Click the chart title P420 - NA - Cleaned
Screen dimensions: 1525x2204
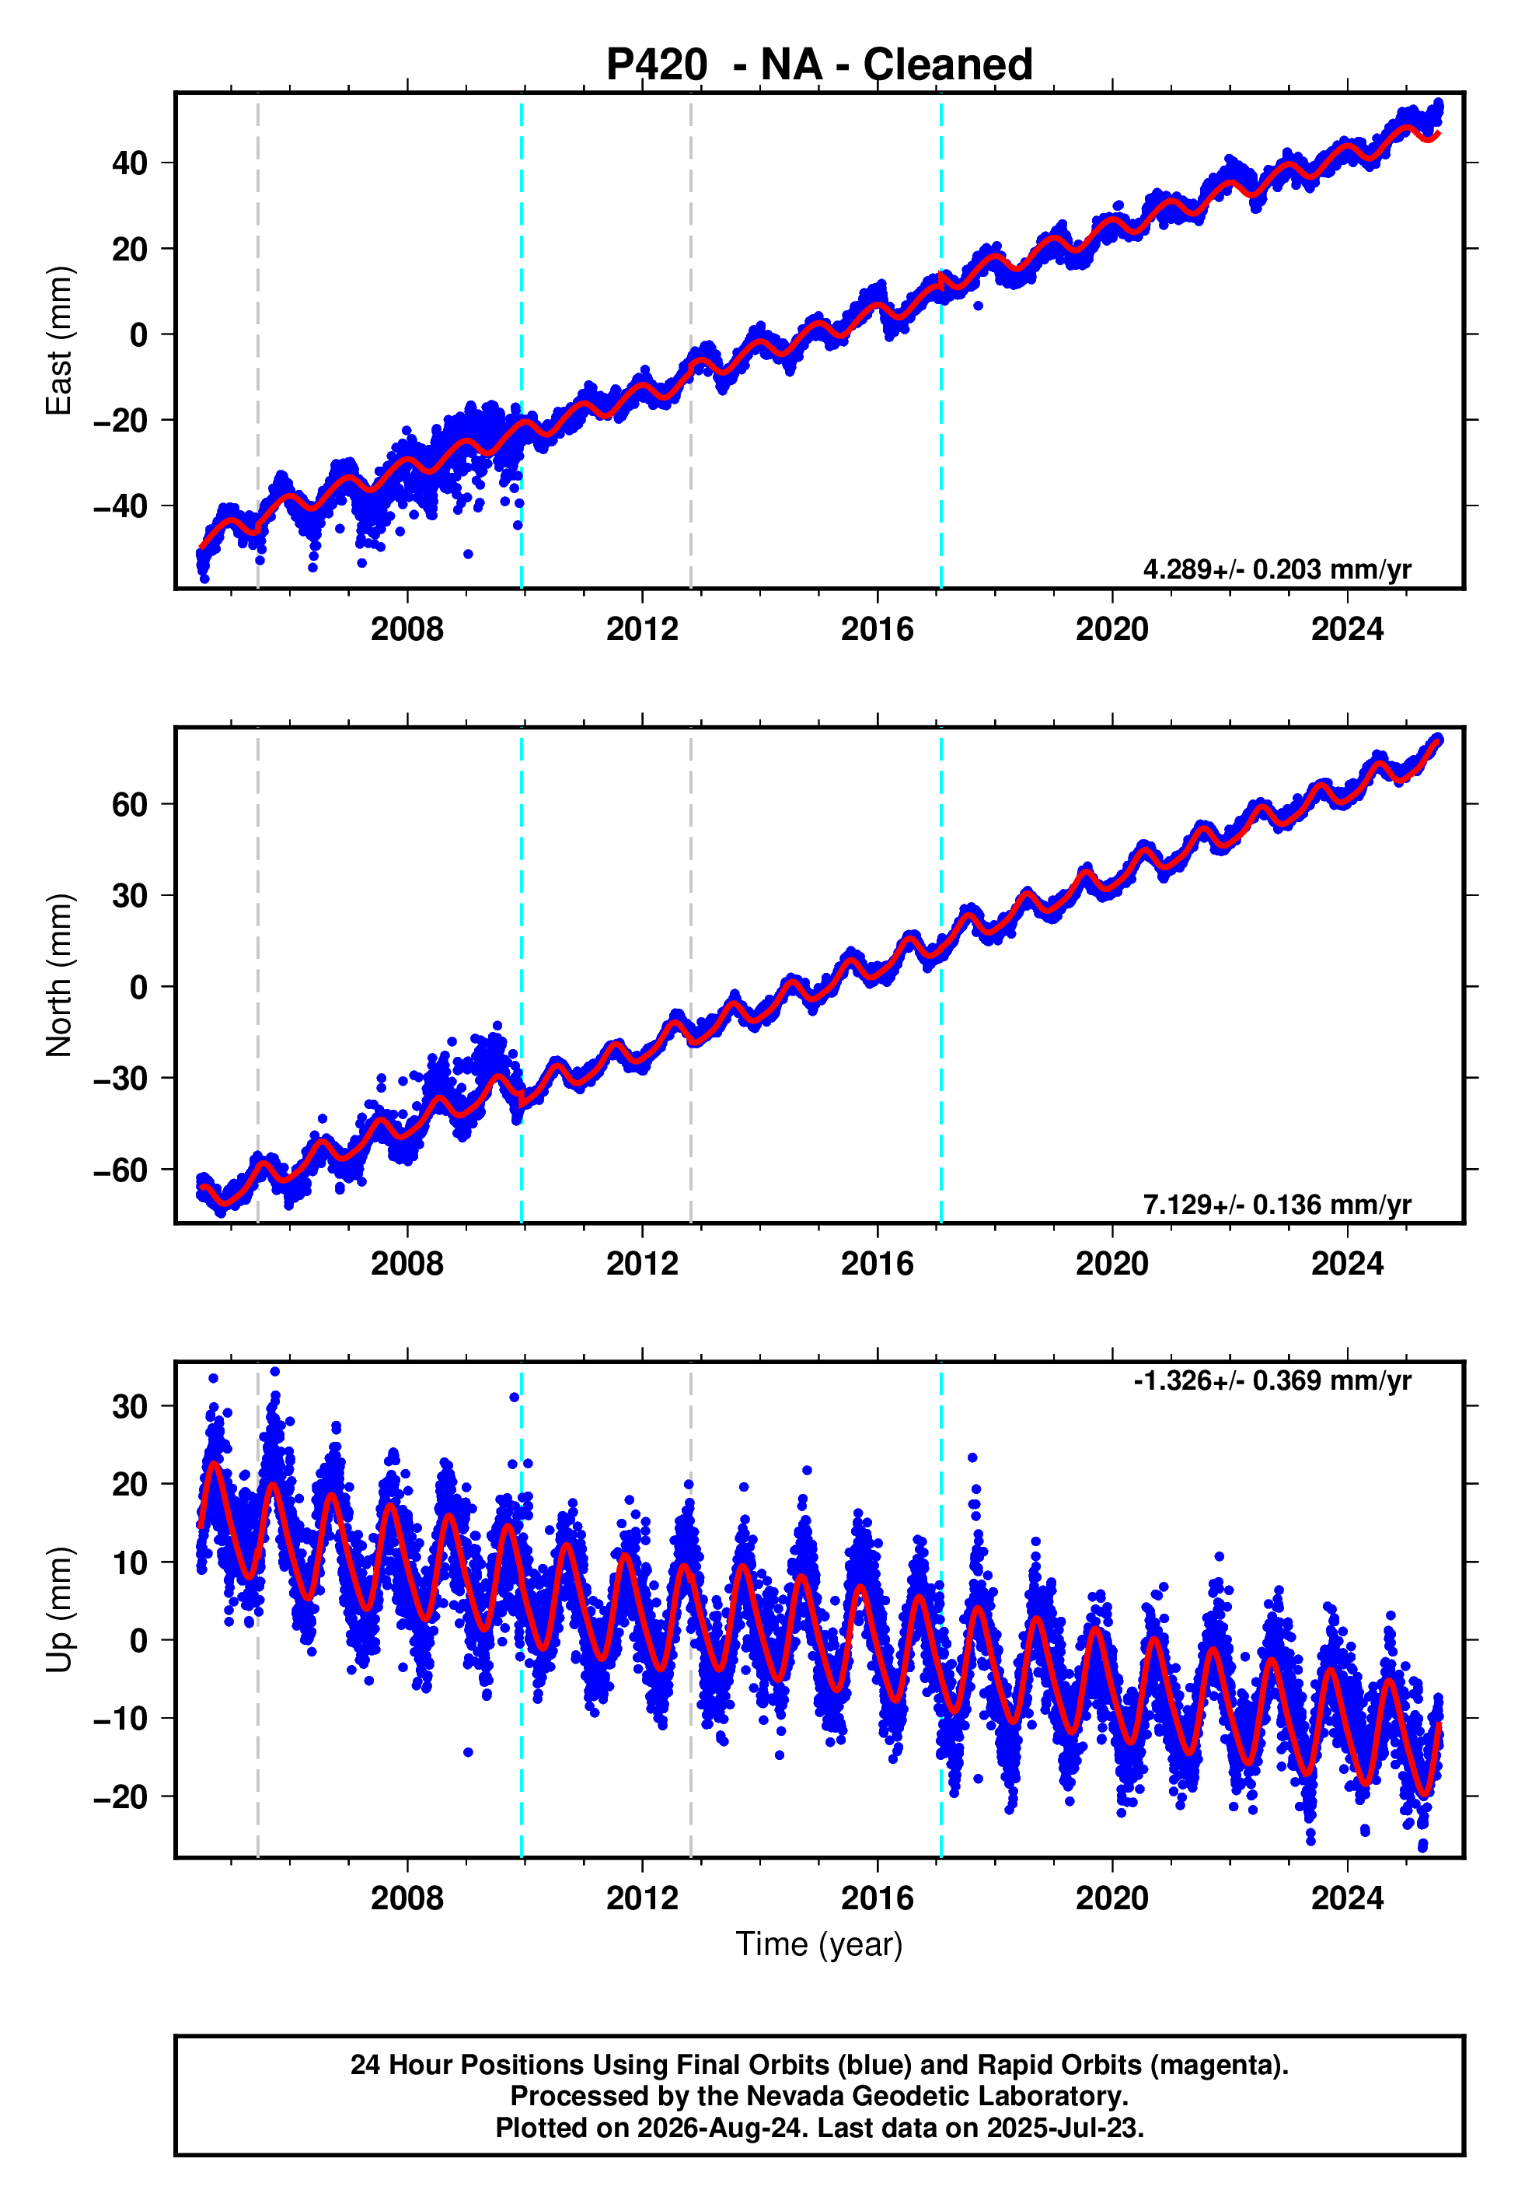tap(819, 65)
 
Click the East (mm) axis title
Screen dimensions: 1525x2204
tap(59, 341)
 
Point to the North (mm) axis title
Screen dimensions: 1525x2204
tap(59, 975)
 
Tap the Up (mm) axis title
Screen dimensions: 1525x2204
tap(59, 1610)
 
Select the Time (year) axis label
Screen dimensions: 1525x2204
tap(819, 1944)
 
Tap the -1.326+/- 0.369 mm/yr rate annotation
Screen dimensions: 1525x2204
tap(1272, 1380)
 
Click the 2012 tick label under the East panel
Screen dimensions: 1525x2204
tap(642, 629)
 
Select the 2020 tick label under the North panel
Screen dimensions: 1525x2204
tap(1112, 1264)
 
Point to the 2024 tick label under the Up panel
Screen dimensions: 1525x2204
tap(1347, 1898)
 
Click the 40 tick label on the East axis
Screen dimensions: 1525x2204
tap(130, 163)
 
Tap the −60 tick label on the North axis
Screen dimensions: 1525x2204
tap(120, 1170)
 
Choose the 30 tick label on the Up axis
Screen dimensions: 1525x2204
tap(130, 1406)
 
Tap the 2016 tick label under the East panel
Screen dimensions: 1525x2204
tap(878, 629)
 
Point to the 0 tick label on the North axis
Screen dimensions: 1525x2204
tap(139, 988)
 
